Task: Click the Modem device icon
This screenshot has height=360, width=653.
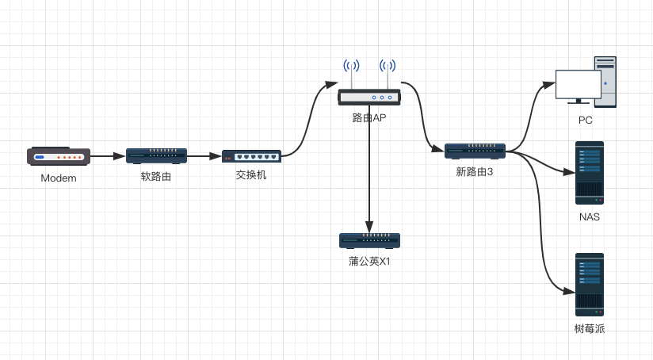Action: (x=59, y=156)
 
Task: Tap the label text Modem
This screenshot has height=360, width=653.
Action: (x=59, y=178)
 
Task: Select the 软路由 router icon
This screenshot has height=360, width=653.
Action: (x=156, y=155)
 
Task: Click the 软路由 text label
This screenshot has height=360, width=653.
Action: (x=156, y=176)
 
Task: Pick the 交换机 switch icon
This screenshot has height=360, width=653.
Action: (x=251, y=156)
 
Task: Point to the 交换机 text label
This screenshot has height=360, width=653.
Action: (x=251, y=174)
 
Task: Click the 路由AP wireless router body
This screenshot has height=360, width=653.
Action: (x=369, y=98)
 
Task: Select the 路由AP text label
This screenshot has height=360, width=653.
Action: (x=369, y=118)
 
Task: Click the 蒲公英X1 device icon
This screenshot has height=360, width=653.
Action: (x=369, y=240)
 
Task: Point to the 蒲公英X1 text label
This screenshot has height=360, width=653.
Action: (x=369, y=261)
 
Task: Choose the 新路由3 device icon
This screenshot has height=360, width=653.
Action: (x=475, y=151)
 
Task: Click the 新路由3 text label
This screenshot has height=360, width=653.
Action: (x=475, y=171)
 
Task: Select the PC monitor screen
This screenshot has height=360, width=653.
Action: (x=578, y=84)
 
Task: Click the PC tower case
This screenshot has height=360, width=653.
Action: (x=605, y=81)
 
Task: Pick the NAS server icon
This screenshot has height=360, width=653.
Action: (x=590, y=173)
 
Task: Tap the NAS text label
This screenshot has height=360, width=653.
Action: (x=590, y=216)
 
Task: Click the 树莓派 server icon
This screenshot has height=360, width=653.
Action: (x=590, y=285)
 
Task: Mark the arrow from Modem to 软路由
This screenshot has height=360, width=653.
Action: (x=108, y=156)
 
